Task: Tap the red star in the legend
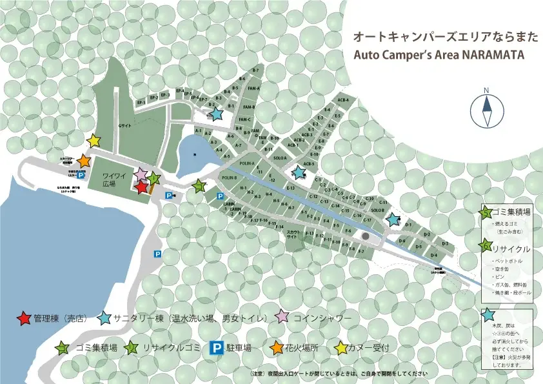(x=24, y=318)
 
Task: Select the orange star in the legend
(x=276, y=349)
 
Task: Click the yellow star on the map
(x=94, y=140)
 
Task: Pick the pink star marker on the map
(x=140, y=174)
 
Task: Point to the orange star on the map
(x=84, y=161)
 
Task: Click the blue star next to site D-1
(x=393, y=219)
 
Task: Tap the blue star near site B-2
(x=217, y=114)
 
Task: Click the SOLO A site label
(x=280, y=158)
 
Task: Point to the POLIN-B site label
(x=229, y=177)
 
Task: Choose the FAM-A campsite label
(x=253, y=88)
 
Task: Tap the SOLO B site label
(x=377, y=210)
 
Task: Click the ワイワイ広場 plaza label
(x=114, y=179)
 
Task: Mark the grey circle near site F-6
(x=366, y=237)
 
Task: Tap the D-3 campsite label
(x=445, y=243)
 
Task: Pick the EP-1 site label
(x=141, y=102)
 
